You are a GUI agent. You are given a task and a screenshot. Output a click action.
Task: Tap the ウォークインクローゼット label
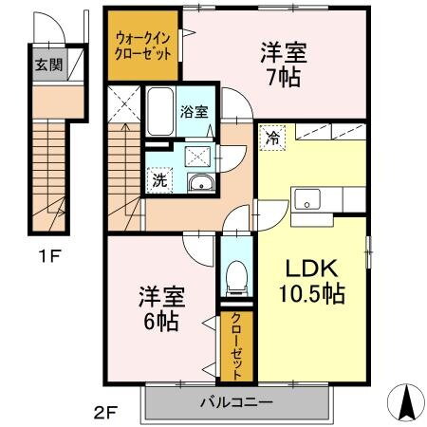click(x=143, y=46)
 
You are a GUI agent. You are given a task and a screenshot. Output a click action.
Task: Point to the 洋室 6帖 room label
click(x=158, y=306)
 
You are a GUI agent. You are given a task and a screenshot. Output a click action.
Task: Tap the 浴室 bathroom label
click(x=195, y=111)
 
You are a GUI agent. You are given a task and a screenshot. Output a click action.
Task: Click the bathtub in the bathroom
click(x=160, y=113)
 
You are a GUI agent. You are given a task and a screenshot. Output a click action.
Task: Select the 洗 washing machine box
click(x=158, y=176)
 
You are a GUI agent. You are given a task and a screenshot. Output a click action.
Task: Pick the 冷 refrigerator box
click(x=272, y=136)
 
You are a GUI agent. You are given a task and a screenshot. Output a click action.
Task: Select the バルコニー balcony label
click(x=236, y=402)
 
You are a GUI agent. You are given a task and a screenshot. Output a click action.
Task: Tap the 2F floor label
click(x=105, y=412)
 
